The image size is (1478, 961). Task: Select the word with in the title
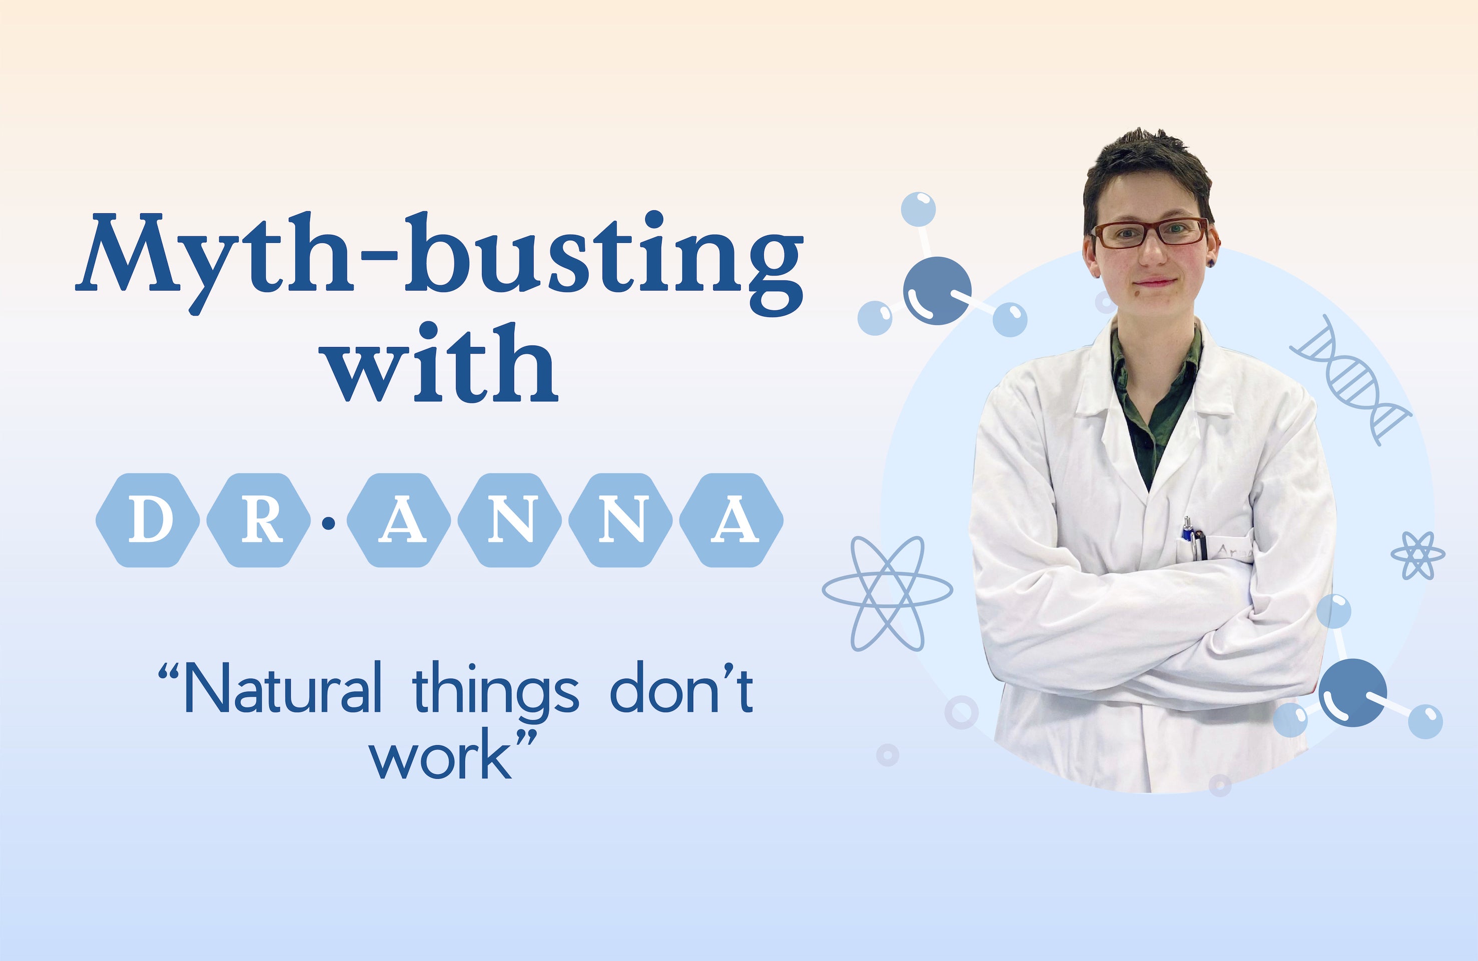pos(441,364)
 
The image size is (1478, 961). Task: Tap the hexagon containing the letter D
pos(148,520)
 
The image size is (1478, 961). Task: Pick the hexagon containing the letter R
pos(258,520)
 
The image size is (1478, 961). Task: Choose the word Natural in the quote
pos(283,688)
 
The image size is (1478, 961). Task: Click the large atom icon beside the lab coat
pos(887,593)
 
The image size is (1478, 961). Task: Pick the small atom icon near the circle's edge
pos(1418,555)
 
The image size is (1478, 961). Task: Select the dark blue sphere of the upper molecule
pos(936,290)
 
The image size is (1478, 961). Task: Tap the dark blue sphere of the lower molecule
pos(1352,693)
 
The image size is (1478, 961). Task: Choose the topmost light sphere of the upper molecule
pos(918,209)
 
